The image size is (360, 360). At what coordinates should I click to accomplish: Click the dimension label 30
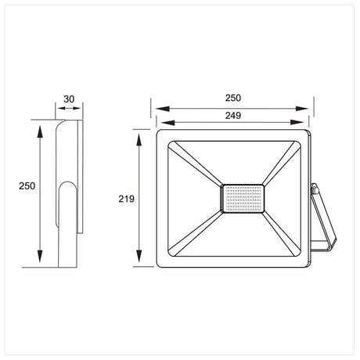click(x=69, y=100)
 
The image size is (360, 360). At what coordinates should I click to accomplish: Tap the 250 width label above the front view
click(x=232, y=98)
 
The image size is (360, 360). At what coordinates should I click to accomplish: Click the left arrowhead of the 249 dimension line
click(x=160, y=122)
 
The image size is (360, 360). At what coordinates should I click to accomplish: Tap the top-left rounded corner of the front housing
click(x=160, y=134)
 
